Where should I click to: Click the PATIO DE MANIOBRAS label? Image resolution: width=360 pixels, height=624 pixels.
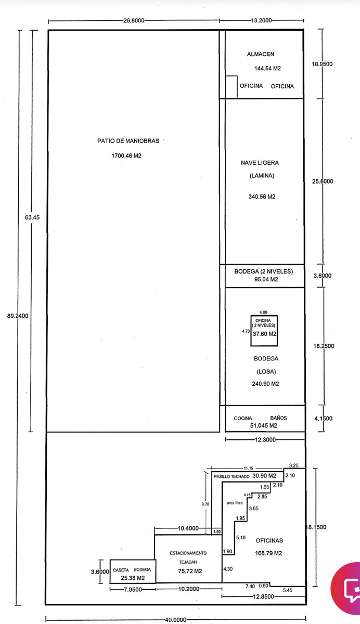tap(128, 141)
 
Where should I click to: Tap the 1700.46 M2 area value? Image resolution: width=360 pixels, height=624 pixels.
tap(126, 155)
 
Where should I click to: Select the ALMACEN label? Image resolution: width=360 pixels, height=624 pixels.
tap(261, 54)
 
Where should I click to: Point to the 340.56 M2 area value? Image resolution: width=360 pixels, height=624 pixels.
tap(262, 197)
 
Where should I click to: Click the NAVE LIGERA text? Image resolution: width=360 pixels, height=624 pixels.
tap(260, 163)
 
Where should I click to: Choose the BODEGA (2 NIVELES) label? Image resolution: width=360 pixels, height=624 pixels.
tap(264, 271)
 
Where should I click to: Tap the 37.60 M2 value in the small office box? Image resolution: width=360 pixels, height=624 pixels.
tap(264, 334)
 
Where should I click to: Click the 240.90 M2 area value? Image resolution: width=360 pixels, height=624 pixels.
tap(265, 384)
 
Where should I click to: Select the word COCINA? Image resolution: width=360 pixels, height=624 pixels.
tap(243, 419)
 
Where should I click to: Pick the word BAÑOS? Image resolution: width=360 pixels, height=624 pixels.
tap(278, 418)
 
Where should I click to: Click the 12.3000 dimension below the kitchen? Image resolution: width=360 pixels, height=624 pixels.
tap(265, 439)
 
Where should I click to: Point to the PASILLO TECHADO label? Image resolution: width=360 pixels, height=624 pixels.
tap(232, 477)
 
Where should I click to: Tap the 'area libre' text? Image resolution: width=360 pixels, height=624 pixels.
tap(235, 503)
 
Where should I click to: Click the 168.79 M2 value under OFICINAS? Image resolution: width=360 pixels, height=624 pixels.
tap(268, 553)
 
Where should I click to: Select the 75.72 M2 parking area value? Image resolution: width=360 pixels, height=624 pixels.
tap(190, 571)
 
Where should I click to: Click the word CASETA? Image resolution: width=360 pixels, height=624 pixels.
tap(121, 570)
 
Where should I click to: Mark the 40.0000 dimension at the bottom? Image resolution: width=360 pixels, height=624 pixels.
tap(175, 620)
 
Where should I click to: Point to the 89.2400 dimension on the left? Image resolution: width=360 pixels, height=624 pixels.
tap(18, 316)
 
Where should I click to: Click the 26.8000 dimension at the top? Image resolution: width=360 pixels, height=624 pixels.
tap(134, 21)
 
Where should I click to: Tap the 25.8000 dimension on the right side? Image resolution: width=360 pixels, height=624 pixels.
tap(323, 181)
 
